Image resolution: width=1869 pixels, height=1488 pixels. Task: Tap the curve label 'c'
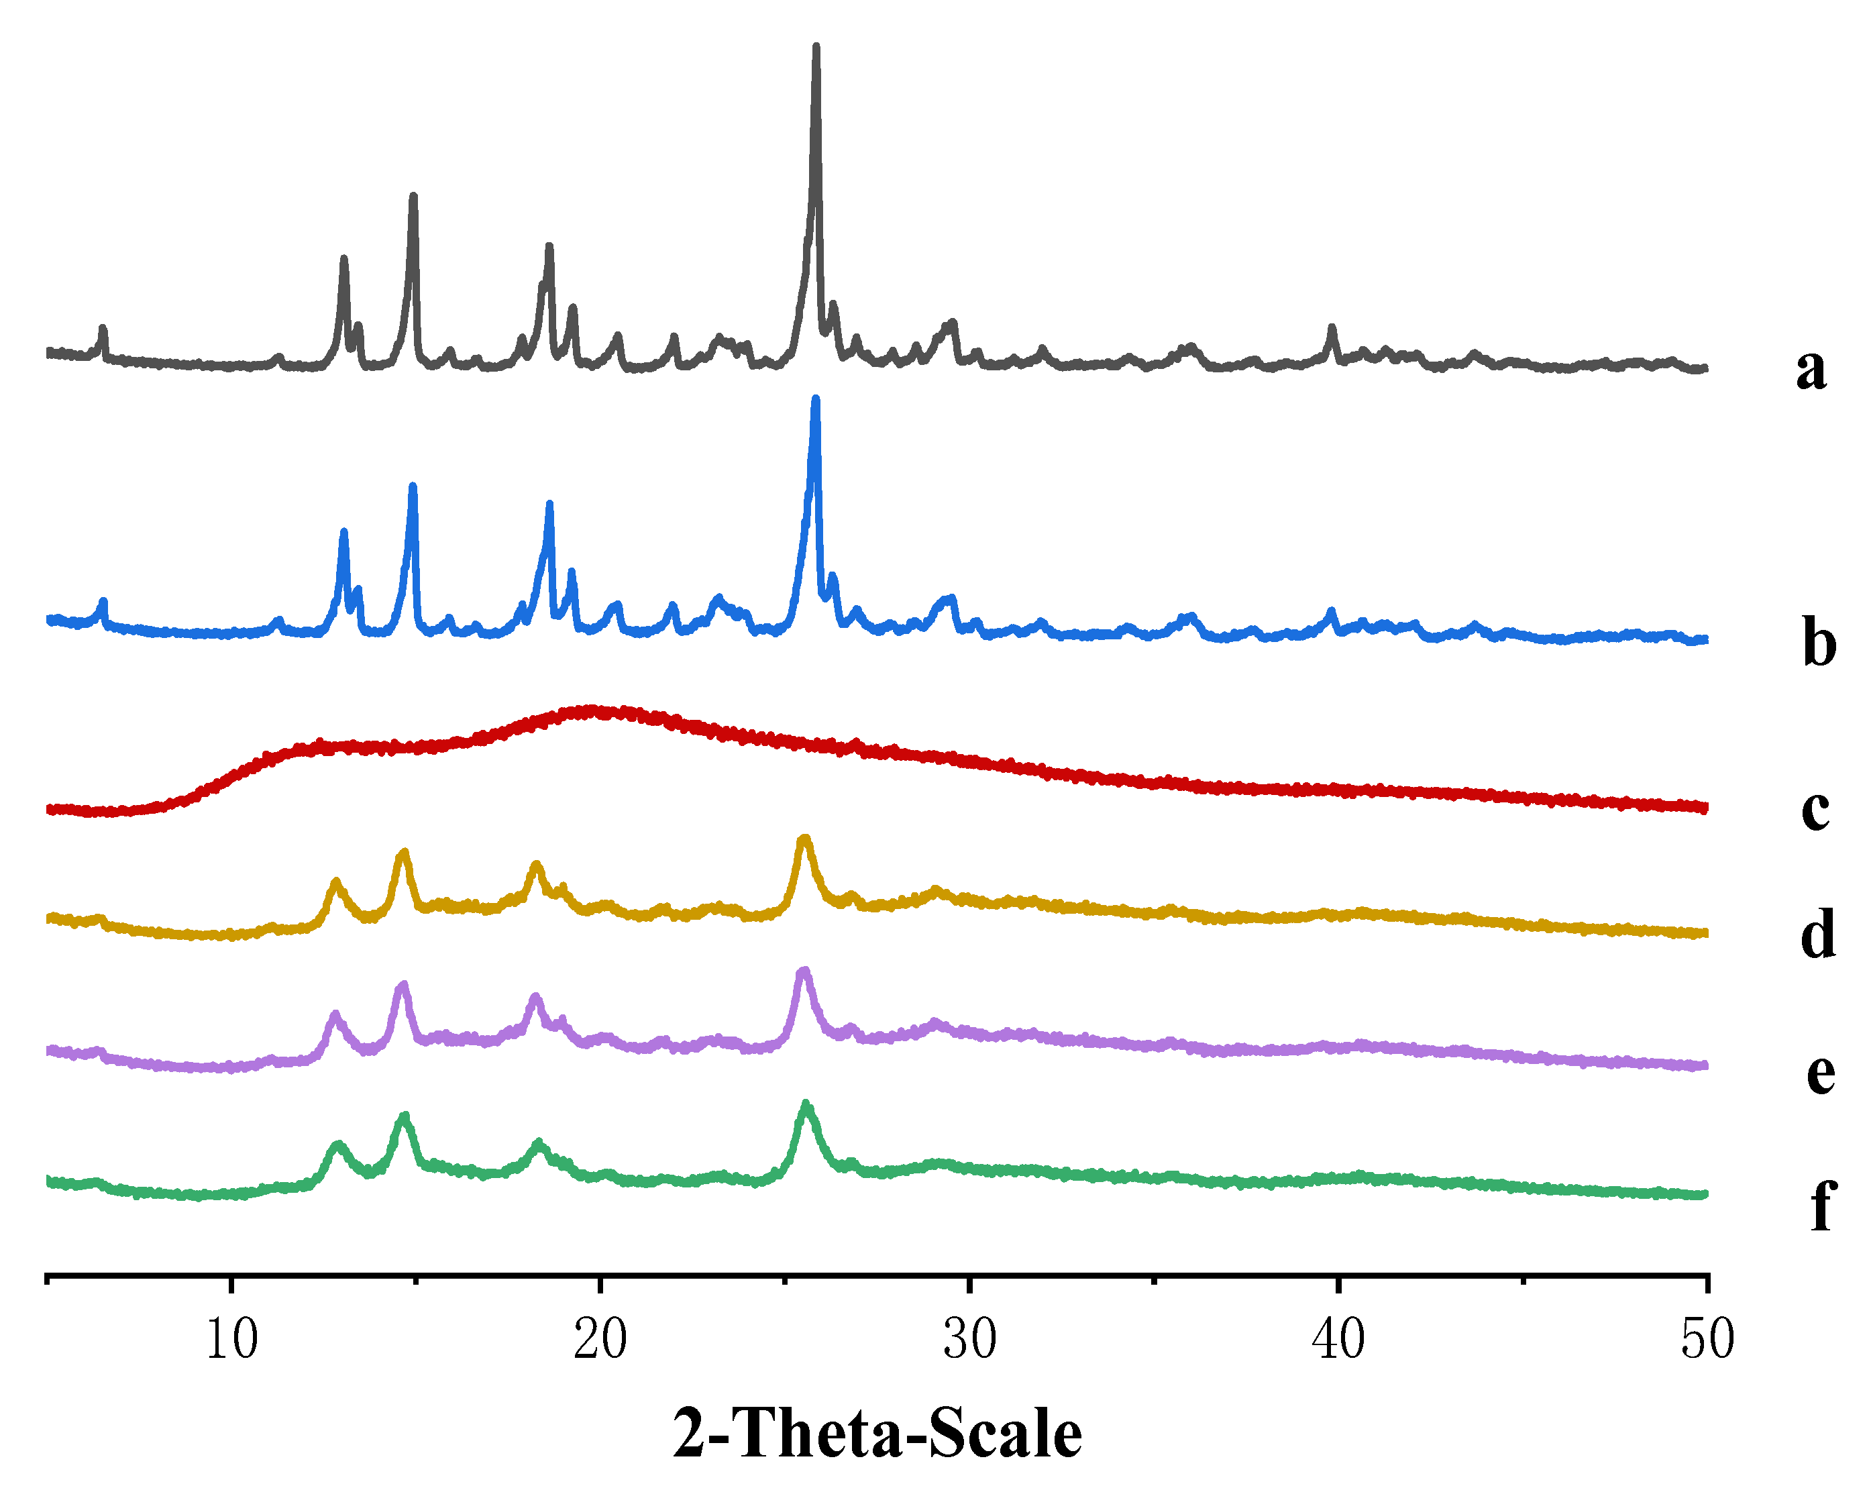pos(1815,809)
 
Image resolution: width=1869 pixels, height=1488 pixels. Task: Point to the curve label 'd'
pos(1818,934)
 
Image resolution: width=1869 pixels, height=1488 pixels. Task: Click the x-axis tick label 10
pos(231,1339)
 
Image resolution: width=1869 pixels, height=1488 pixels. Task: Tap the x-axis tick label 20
pos(600,1339)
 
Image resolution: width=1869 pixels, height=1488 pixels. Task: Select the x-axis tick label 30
pos(969,1339)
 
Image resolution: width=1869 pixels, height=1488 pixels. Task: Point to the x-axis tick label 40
pos(1338,1339)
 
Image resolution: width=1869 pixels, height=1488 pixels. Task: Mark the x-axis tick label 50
pos(1707,1339)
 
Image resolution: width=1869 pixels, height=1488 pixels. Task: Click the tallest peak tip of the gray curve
pos(816,47)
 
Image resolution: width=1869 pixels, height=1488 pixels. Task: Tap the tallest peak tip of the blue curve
pos(815,400)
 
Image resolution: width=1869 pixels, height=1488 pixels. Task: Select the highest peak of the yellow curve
pos(804,839)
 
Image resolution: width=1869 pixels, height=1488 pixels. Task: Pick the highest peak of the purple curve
pos(804,971)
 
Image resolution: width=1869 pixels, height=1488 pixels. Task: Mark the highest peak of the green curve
pos(806,1105)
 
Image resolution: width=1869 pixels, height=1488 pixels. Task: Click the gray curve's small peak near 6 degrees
pos(103,329)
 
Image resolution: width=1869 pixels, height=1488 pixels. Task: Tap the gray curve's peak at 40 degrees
pos(1332,328)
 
